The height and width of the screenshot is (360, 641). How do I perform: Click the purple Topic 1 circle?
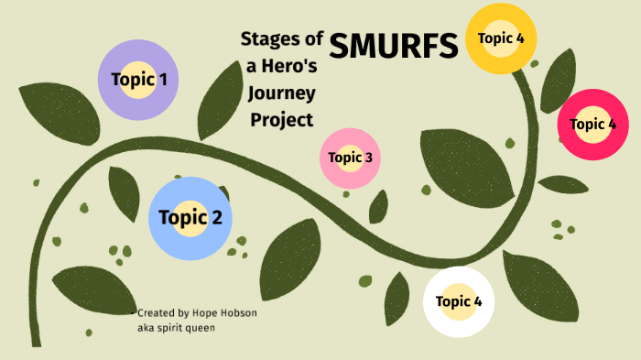coord(138,80)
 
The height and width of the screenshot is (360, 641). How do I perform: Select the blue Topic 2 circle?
coord(190,217)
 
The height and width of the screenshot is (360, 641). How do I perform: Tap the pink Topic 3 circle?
coord(350,158)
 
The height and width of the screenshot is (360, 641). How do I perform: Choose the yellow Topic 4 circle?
coord(501,38)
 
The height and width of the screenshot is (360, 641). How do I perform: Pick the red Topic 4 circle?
coord(592,124)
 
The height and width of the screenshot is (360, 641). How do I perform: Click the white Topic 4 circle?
coord(459,301)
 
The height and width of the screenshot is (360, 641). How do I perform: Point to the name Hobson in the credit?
coord(236,313)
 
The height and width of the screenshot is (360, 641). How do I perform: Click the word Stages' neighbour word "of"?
coord(313,38)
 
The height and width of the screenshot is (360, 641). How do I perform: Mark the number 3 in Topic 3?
coord(367,158)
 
